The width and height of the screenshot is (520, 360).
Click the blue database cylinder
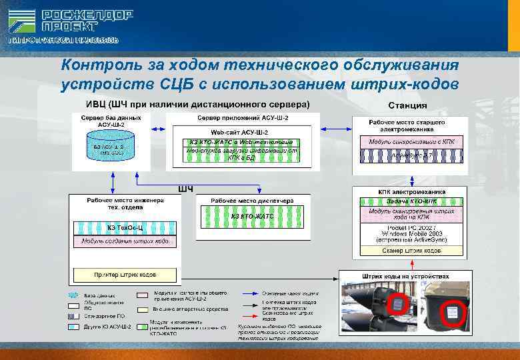[x=109, y=146]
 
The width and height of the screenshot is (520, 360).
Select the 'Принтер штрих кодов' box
[x=125, y=273]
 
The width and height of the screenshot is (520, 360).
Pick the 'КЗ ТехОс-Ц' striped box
[x=125, y=227]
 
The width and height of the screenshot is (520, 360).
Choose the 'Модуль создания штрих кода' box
[x=125, y=241]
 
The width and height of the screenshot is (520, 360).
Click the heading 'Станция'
[x=407, y=106]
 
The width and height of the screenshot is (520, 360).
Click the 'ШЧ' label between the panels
[x=185, y=189]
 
